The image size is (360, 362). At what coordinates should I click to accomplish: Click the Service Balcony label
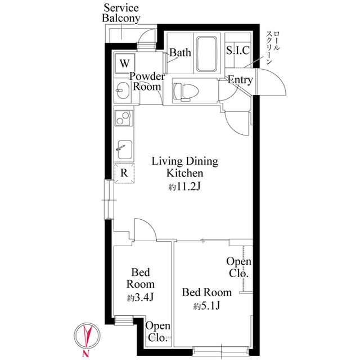pos(121,13)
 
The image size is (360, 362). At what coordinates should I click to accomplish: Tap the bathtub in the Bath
pos(207,53)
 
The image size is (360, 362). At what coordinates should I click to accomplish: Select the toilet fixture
pos(186,92)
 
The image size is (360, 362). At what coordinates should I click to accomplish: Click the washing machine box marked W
pos(125,63)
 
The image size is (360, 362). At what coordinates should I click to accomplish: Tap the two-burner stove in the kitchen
pos(124,117)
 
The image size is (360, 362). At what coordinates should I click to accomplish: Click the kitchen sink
pos(125,150)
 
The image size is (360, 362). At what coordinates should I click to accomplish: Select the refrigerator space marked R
pos(124,173)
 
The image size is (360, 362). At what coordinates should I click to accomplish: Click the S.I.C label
pos(238,51)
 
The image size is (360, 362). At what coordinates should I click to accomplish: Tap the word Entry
pos(240,80)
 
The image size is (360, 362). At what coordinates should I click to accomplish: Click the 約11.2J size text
pos(184,187)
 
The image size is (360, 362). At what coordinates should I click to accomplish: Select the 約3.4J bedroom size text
pos(140,297)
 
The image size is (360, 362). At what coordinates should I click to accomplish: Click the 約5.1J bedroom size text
pos(206,306)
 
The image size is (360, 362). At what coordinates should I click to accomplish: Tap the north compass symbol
pos(87,335)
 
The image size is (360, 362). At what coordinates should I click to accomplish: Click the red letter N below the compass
pos(86,353)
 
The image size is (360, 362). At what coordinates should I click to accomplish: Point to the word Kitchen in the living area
pos(185,173)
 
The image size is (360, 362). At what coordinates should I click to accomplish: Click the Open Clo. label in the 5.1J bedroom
pos(238,267)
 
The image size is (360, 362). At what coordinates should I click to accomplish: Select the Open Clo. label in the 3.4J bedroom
pos(158,332)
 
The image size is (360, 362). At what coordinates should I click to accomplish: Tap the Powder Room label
pos(147,82)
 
